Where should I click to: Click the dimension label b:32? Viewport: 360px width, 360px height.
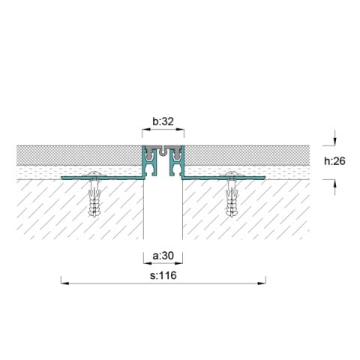(x=163, y=120)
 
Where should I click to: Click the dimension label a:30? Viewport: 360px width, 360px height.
(x=163, y=256)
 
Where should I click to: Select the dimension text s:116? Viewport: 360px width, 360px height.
(x=163, y=274)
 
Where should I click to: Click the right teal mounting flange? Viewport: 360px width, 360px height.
(x=225, y=179)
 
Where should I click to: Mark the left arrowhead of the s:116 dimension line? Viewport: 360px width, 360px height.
(x=63, y=283)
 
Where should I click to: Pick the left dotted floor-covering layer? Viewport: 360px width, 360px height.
(x=75, y=155)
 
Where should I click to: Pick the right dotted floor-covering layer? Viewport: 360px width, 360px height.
(x=247, y=155)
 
